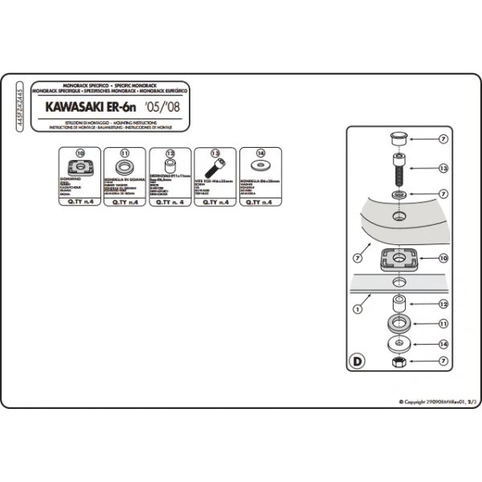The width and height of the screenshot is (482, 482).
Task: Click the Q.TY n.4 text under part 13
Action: pos(215,203)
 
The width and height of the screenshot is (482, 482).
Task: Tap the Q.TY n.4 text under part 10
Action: pos(80,203)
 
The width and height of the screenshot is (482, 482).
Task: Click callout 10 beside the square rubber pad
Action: pos(443,259)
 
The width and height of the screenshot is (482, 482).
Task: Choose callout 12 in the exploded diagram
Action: pos(443,304)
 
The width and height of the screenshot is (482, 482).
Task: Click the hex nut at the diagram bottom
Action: pos(398,364)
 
